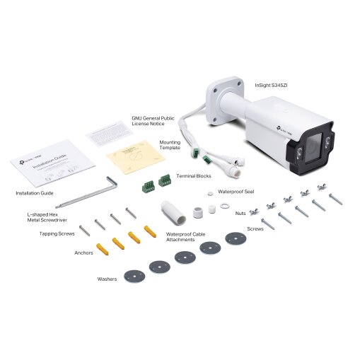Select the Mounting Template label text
point(170,145)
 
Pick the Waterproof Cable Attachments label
point(185,236)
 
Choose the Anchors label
point(83,252)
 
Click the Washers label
point(106,279)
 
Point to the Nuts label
point(240,212)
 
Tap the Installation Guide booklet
point(52,163)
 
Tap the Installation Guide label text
point(35,192)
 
